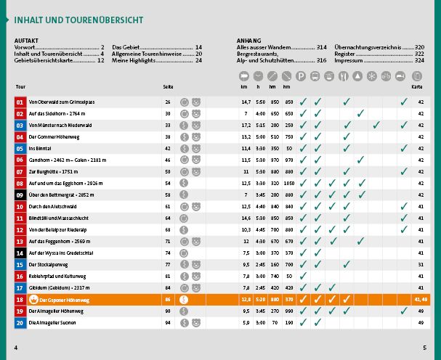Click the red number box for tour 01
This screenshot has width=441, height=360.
click(20, 102)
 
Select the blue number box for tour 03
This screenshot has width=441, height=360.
click(20, 125)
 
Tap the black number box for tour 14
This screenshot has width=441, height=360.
click(20, 253)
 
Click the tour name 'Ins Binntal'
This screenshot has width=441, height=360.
click(42, 148)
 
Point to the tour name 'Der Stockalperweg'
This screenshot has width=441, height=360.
click(50, 265)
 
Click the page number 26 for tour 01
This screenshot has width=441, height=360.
click(168, 102)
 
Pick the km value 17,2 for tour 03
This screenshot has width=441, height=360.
click(246, 125)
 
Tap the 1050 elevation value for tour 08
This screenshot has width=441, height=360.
click(288, 184)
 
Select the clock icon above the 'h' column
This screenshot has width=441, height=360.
click(259, 76)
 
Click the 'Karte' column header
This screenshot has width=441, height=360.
click(417, 87)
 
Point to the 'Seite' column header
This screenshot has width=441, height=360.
click(168, 87)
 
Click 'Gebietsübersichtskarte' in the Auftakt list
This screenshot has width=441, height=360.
click(45, 60)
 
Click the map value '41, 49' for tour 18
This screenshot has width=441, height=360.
click(419, 299)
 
